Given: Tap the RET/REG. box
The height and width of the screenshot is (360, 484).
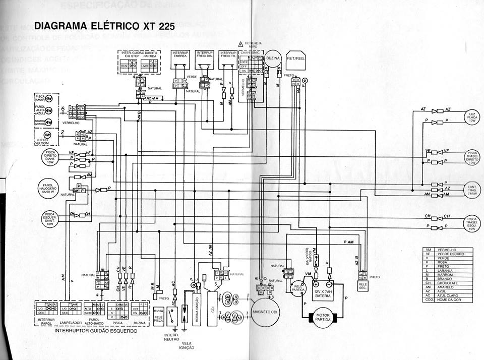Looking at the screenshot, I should tap(296, 59).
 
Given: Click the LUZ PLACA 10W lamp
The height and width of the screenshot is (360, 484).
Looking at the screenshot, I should tap(472, 116).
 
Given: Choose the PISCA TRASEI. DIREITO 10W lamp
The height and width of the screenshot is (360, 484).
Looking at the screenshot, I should tap(472, 157).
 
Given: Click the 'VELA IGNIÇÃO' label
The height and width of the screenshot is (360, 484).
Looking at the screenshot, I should tap(186, 345).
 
